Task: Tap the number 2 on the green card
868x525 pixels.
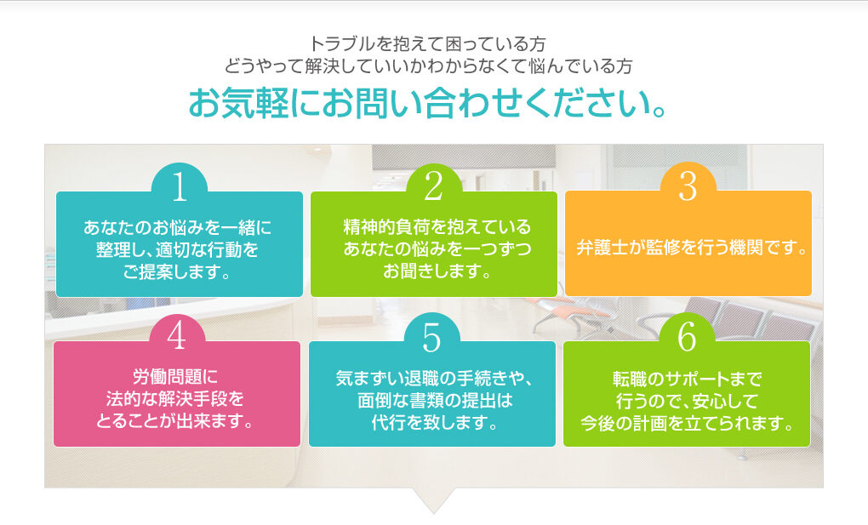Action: click(x=433, y=186)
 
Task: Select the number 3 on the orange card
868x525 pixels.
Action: click(x=688, y=186)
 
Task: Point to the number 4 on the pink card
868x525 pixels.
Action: click(x=177, y=336)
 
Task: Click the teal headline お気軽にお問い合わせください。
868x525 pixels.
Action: click(x=427, y=104)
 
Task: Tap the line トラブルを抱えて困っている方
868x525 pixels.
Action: click(x=427, y=43)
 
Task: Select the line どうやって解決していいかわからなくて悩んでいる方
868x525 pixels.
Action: click(x=428, y=66)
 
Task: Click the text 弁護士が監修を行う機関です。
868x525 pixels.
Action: click(x=691, y=248)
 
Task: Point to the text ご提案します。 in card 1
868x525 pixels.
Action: click(x=177, y=272)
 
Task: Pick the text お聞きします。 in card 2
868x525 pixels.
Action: click(x=437, y=271)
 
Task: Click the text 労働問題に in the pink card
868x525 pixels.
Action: click(x=175, y=377)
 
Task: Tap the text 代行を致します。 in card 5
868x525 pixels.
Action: click(x=435, y=423)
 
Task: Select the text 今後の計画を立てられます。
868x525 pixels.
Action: click(x=687, y=423)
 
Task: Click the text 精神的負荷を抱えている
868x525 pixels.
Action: click(x=437, y=226)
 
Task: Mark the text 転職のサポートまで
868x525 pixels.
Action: click(x=687, y=379)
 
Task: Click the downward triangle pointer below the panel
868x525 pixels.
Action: click(x=433, y=500)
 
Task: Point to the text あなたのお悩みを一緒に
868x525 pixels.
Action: click(x=178, y=227)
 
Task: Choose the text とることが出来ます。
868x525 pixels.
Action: click(x=175, y=421)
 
